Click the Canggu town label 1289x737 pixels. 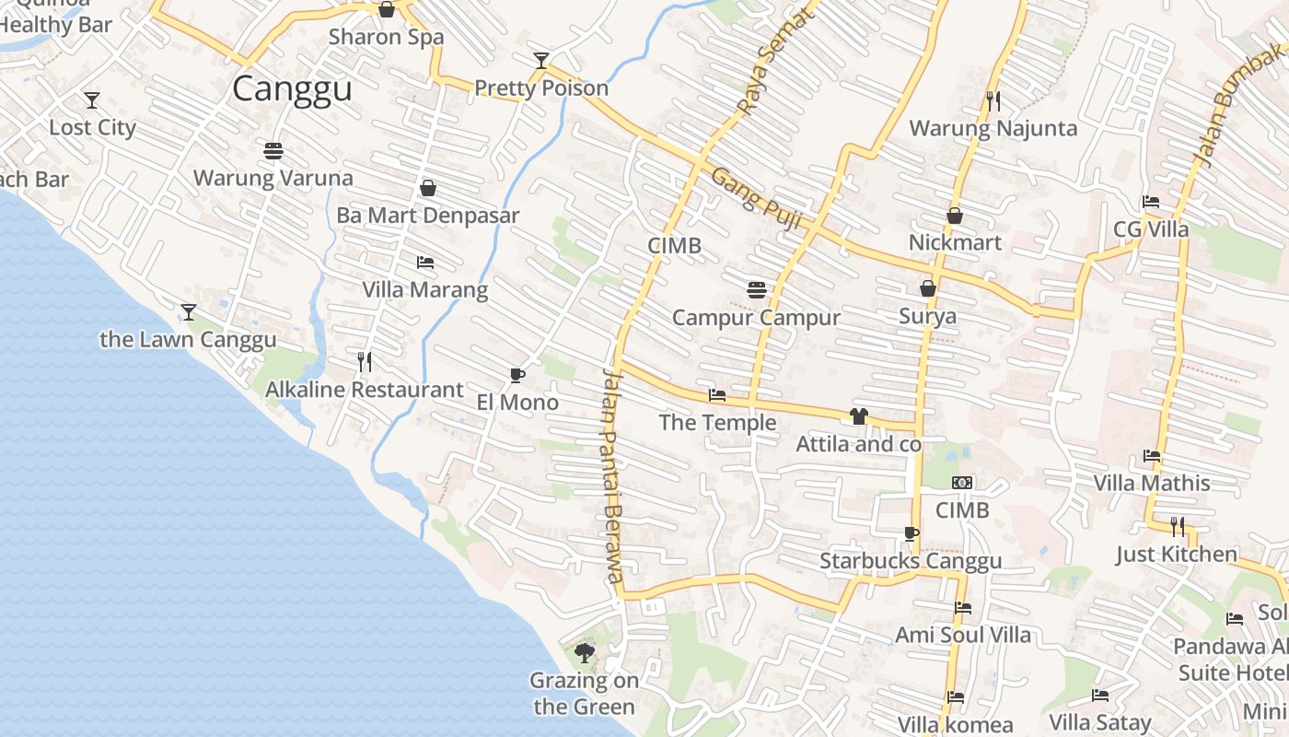292,89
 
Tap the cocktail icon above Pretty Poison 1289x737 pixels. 541,61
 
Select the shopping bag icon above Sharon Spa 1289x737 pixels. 387,10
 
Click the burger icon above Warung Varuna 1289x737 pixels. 273,150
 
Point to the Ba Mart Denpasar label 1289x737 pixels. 428,216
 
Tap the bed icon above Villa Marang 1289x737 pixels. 424,263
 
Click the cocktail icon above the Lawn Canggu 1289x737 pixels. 189,312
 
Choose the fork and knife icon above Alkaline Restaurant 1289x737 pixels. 365,361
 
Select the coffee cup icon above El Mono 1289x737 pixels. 517,375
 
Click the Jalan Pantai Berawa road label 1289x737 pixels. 613,475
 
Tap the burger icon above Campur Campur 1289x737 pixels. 757,290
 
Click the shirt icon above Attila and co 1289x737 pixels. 859,416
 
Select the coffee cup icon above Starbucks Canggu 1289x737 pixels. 911,533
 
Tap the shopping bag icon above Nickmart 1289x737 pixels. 955,216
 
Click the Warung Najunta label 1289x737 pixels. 993,128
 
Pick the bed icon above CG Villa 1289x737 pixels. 1151,202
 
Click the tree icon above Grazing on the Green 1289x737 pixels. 584,653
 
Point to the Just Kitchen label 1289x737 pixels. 1177,554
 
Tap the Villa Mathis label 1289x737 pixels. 1152,483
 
